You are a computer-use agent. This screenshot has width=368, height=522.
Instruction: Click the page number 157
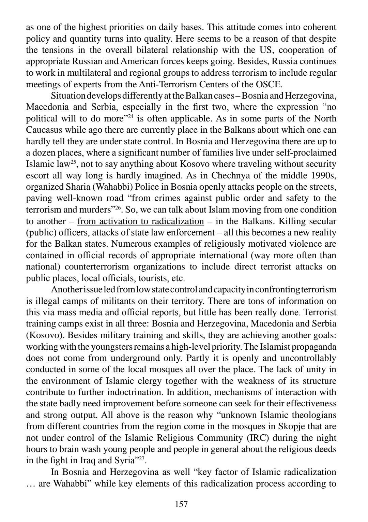[x=181, y=504]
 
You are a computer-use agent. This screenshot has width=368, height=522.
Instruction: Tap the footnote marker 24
[x=130, y=116]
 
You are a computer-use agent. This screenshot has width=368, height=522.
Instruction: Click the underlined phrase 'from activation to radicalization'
[x=140, y=221]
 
